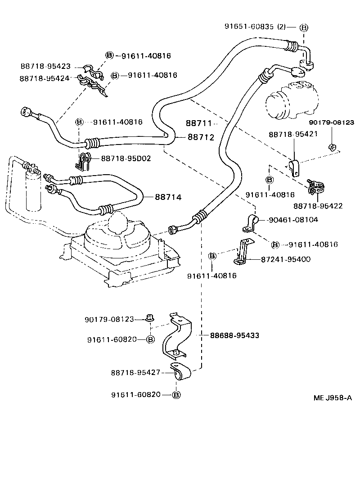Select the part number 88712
[201, 137]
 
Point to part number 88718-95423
[45, 66]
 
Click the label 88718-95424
[45, 78]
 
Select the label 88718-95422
[318, 206]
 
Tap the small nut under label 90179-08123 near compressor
[332, 147]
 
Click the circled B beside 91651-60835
[304, 27]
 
